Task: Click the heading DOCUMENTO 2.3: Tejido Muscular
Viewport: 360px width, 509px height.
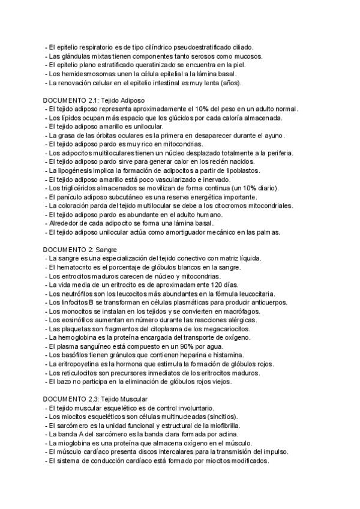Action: click(x=95, y=399)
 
